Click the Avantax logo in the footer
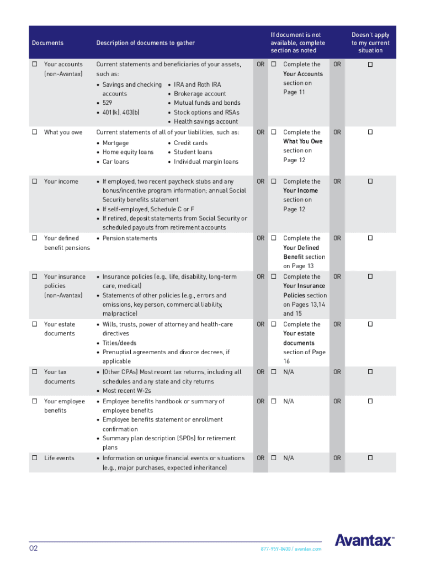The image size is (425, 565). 364,540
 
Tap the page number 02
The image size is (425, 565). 34,548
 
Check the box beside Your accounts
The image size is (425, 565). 34,65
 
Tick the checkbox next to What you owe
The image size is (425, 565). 34,132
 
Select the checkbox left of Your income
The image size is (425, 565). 34,182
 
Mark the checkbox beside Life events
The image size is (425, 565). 34,458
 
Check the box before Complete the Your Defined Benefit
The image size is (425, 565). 273,238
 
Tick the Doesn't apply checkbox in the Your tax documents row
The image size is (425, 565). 370,372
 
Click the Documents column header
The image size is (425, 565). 47,43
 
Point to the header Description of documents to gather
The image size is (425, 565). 145,43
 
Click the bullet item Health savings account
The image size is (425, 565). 206,121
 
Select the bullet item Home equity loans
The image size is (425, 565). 128,152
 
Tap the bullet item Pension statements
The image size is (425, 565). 130,238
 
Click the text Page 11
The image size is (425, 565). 294,92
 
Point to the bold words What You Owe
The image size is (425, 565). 302,141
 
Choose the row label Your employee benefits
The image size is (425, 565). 65,406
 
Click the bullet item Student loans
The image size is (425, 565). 193,152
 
